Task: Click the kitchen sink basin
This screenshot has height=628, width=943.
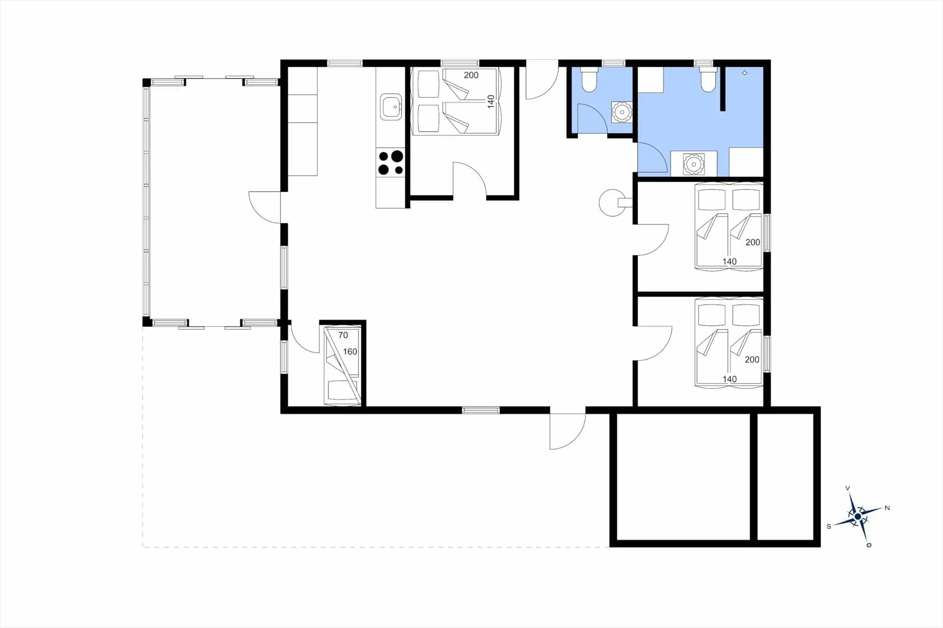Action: coord(391,107)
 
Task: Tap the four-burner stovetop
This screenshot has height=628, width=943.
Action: coord(390,163)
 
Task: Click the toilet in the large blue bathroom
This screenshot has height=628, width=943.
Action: coord(708,81)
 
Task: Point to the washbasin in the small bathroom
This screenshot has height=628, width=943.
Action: coord(622,112)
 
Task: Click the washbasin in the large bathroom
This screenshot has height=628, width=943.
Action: coord(693,164)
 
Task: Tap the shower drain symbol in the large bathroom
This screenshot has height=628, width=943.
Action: coord(745,73)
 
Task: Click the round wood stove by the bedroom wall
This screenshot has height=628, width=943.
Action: coord(611,202)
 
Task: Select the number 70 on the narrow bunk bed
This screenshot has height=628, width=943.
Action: coord(343,335)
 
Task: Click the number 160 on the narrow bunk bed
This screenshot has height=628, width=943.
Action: coord(350,352)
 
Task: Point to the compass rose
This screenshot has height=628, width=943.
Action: coord(858,517)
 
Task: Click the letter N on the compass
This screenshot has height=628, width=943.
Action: coord(887,508)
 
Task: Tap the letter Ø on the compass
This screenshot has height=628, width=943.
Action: coord(869,545)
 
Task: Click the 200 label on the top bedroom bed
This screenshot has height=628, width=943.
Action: coord(471,75)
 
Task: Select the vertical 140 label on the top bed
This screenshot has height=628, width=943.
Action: coord(490,102)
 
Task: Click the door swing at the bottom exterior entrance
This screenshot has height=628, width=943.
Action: coord(565,432)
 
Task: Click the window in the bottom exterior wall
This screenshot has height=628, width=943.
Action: coord(480,410)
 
